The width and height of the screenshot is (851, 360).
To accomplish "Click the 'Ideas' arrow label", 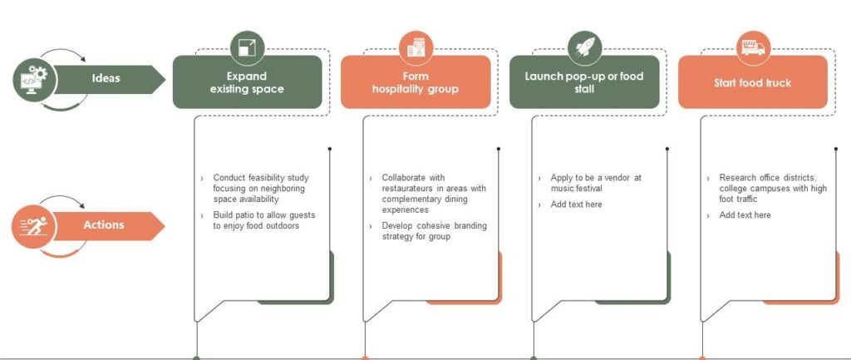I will pos(106,79).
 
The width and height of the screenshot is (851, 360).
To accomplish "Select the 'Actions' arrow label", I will pos(104,225).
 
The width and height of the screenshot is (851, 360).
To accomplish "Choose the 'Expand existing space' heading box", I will pos(247,82).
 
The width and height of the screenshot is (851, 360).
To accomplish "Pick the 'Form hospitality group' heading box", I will pos(415,82).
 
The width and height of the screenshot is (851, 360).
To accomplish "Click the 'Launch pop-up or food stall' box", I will pos(583,82).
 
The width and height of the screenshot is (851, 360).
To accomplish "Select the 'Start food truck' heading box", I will pos(752,82).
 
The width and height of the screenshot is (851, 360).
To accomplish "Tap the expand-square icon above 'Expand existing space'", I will pos(247,47).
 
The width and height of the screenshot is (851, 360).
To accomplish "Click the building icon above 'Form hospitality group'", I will pos(416,47).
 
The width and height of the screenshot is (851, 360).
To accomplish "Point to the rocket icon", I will pos(584,47).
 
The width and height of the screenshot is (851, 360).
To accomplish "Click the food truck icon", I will pos(753,47).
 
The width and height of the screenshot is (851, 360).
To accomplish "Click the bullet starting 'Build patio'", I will pos(263,220).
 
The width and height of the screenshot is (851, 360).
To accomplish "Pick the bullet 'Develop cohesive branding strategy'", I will pos(434,231).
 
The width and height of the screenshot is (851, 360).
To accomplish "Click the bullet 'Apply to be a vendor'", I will pos(595,183).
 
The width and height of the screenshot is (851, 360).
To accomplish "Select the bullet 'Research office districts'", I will pos(773,188).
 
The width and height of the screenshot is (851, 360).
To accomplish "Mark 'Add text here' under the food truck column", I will pos(745,215).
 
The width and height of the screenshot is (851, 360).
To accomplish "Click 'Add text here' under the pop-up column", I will pos(576,205).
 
